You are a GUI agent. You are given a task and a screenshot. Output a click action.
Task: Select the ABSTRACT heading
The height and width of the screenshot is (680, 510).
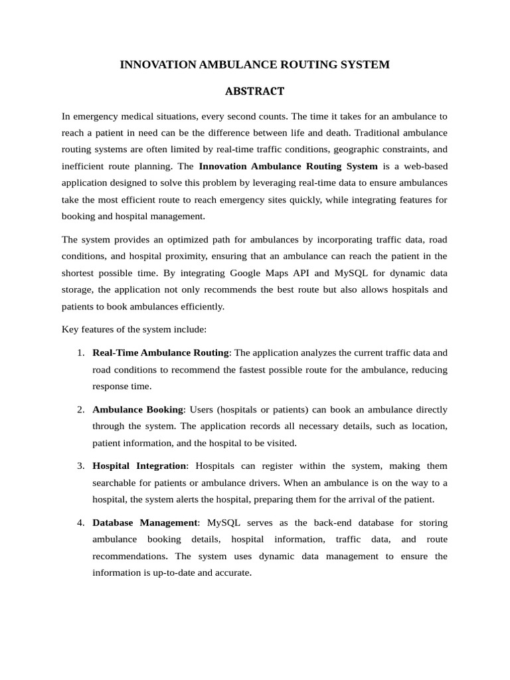(254, 91)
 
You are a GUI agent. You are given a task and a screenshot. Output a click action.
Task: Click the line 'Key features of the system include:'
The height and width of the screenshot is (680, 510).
(134, 329)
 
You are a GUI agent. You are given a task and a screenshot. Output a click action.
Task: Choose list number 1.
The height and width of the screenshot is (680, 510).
(80, 353)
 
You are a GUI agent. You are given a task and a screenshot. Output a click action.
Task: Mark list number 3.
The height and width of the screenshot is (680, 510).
(80, 466)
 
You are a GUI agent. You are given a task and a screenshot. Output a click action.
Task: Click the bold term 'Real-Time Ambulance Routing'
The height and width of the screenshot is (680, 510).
(161, 353)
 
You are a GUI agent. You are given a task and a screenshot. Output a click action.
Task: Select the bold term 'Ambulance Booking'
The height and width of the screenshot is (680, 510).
(137, 409)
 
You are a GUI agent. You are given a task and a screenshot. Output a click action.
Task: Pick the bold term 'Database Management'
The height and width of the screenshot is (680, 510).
(145, 523)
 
